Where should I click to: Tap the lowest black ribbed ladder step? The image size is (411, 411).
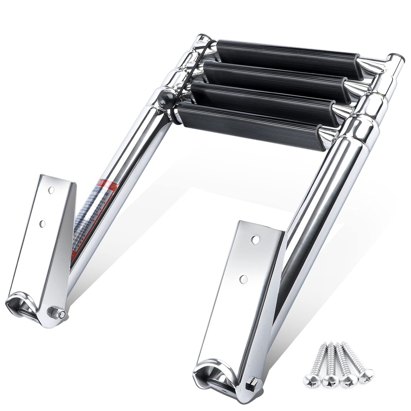(x=249, y=126)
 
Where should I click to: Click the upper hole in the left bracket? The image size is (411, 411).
(x=51, y=190)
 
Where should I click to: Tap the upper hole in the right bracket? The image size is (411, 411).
(x=255, y=240)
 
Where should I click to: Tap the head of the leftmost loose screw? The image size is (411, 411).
(x=312, y=380)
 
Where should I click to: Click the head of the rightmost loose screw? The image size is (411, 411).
(x=366, y=375)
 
